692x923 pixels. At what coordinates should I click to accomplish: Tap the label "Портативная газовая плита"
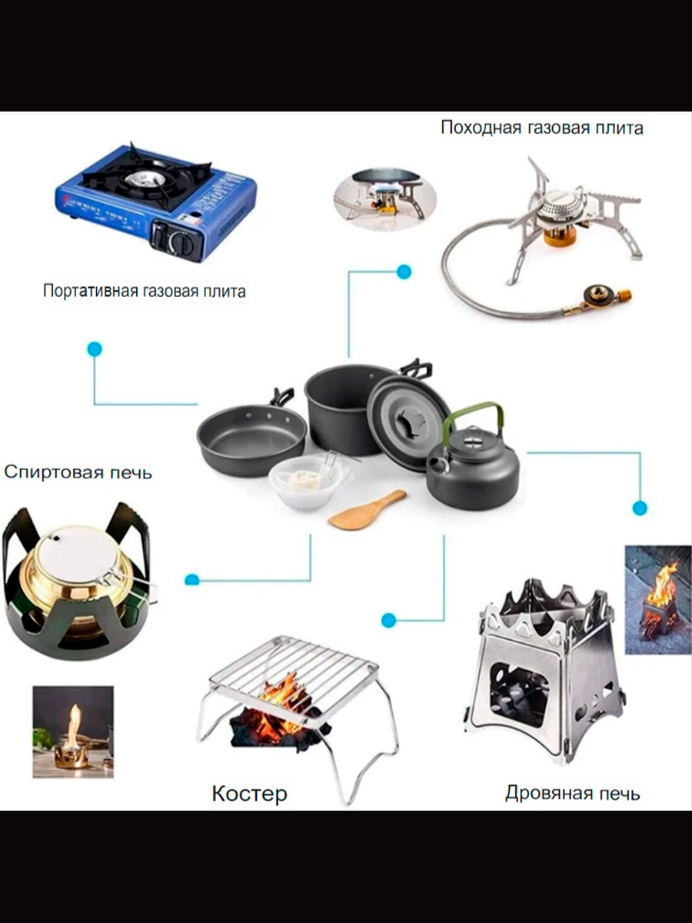(x=145, y=292)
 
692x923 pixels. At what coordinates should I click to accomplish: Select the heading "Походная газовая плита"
(x=541, y=128)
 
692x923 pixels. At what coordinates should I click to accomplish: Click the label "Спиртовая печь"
(x=78, y=471)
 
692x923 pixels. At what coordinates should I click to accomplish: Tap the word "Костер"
(x=249, y=794)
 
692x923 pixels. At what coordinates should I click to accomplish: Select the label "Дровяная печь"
(x=572, y=793)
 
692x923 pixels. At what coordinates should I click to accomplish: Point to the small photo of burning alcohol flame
(x=73, y=731)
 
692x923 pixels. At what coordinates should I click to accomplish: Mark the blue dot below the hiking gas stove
(x=404, y=272)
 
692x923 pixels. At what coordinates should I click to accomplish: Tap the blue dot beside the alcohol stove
(x=192, y=580)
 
